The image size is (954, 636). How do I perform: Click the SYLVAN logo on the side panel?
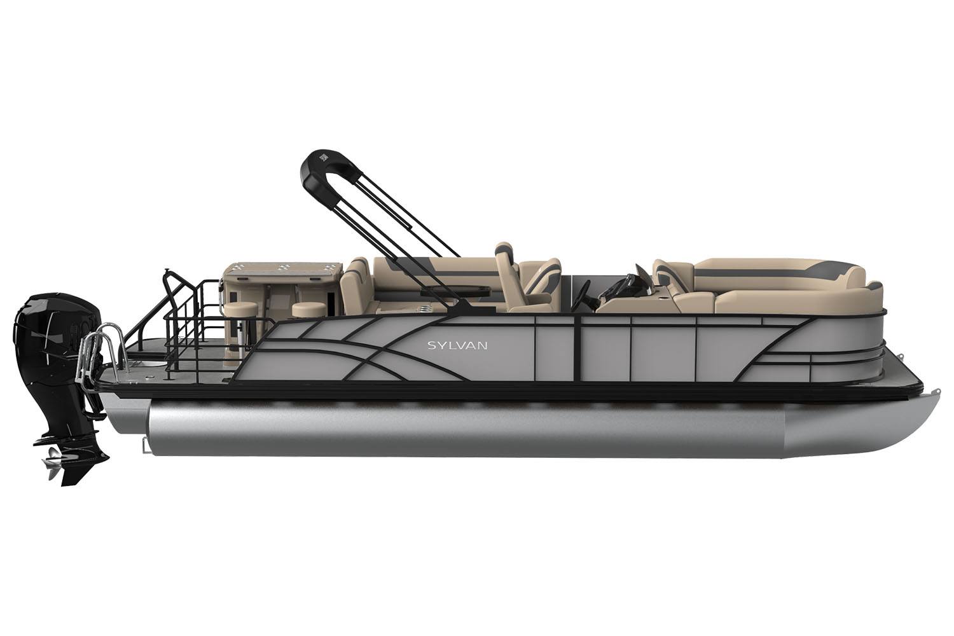coord(457,345)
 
